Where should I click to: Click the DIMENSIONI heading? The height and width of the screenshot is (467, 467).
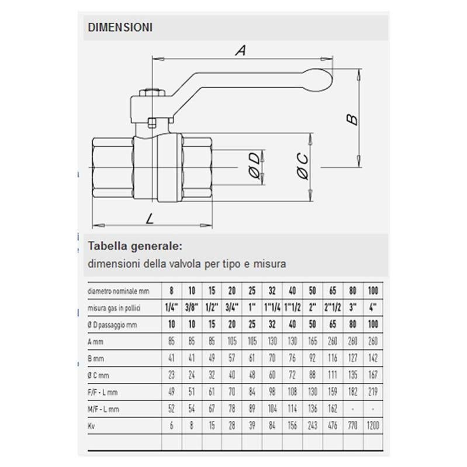click(x=120, y=27)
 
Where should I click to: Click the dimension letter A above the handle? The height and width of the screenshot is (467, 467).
click(x=241, y=50)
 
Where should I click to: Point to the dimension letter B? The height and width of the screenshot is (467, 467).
click(x=352, y=119)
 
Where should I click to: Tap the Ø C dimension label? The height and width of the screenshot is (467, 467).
click(x=303, y=166)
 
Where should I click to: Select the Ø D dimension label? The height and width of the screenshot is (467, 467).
click(x=255, y=166)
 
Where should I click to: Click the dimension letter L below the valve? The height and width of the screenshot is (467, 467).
click(x=150, y=219)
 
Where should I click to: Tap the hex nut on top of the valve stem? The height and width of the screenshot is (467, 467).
click(x=152, y=92)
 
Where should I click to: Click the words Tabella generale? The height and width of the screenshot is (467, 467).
click(x=135, y=246)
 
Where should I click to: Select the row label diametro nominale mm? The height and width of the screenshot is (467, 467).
click(x=118, y=291)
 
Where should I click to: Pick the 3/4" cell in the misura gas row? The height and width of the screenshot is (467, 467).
click(x=231, y=307)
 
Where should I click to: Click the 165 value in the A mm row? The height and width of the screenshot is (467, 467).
click(x=313, y=341)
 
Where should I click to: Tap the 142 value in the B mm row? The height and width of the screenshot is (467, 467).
click(x=373, y=358)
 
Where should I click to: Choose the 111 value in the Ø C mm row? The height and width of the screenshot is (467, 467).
click(x=333, y=375)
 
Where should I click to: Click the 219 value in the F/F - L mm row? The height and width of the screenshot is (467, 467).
click(x=373, y=392)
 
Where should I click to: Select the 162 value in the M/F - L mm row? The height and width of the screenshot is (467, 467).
click(x=333, y=409)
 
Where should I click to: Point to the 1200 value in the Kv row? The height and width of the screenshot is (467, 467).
click(x=373, y=426)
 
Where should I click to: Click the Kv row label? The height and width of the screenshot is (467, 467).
click(x=91, y=426)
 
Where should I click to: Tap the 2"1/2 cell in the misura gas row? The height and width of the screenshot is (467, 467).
click(x=333, y=307)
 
